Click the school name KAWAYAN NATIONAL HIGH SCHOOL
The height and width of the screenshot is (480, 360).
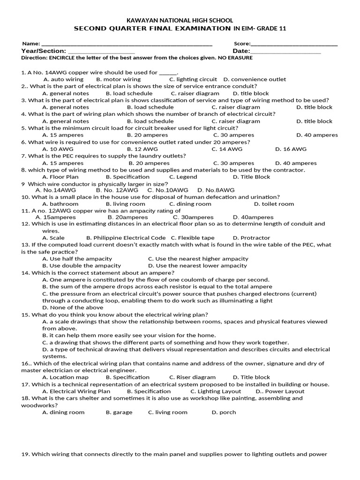click(x=180, y=21)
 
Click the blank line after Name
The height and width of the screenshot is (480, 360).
click(x=127, y=44)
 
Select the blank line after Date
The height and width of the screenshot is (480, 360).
click(x=285, y=52)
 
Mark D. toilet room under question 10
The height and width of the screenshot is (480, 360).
click(x=274, y=204)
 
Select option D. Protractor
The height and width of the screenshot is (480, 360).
click(x=251, y=238)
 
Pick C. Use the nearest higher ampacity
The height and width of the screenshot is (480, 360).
click(x=198, y=259)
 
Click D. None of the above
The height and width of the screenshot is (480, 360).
click(x=73, y=307)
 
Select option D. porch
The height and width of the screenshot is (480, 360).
click(x=224, y=412)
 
